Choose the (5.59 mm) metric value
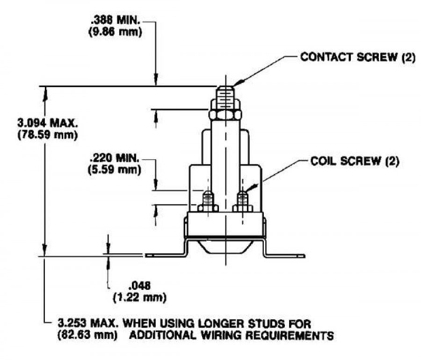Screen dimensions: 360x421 [x=115, y=169]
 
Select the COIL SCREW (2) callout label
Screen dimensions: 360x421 [x=355, y=162]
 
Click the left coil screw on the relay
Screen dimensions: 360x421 [x=207, y=202]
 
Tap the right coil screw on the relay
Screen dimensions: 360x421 [x=242, y=202]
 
